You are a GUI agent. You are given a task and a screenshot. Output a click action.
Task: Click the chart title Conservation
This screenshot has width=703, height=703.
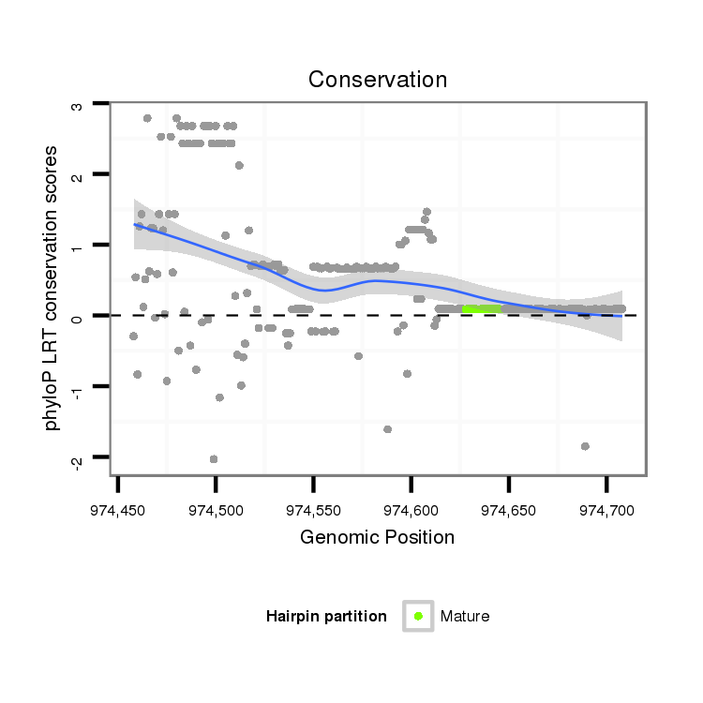[378, 80]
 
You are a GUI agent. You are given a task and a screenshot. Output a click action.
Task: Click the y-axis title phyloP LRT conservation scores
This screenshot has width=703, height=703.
[52, 288]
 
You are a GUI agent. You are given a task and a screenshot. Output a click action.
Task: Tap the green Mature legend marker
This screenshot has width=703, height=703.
[418, 616]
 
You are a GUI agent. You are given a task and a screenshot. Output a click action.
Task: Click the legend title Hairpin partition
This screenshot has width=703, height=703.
[326, 616]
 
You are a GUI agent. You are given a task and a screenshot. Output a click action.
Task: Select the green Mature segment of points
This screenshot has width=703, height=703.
[482, 308]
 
